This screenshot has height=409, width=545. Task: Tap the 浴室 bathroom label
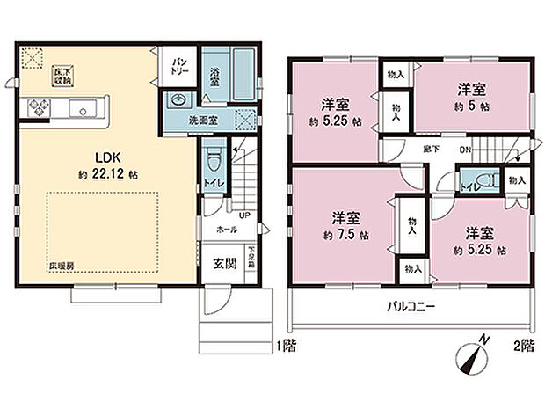(214, 77)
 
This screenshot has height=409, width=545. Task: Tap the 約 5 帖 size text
(471, 104)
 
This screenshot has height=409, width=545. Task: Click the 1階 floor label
(287, 347)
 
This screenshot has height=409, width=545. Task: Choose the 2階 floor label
(524, 347)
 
